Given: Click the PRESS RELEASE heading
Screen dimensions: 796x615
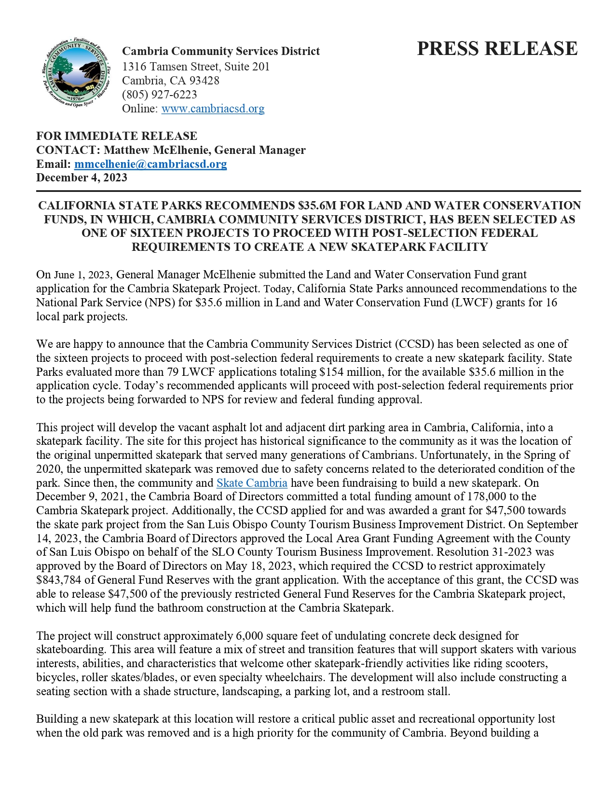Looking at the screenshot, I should coord(497,49).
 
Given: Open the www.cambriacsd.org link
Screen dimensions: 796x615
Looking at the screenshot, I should coord(213,109).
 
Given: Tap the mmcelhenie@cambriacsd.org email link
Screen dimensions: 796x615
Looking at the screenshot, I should coord(150,164).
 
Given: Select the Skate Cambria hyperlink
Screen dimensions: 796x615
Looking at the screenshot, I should coord(252,483).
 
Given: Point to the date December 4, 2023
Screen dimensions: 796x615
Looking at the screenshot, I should coord(82,178).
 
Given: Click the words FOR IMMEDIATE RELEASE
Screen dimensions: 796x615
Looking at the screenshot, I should coord(117,136).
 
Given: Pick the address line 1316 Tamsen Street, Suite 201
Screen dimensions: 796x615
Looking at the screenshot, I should coord(195,67).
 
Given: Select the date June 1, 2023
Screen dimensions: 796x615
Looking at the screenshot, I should coord(82,275).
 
